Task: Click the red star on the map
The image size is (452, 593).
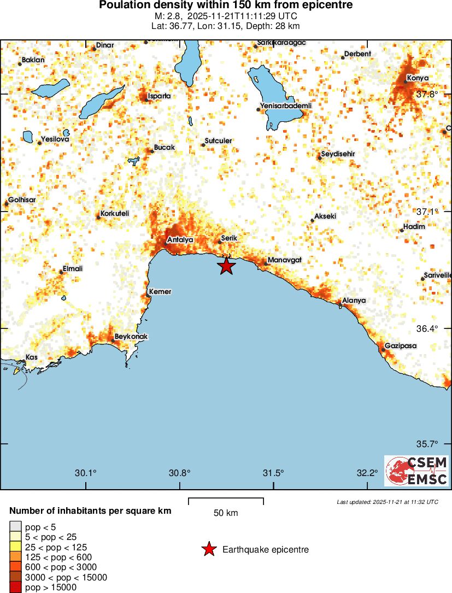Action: [226, 266]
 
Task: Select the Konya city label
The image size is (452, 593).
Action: [418, 78]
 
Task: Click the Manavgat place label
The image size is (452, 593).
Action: [284, 260]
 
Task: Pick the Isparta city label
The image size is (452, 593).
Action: [160, 96]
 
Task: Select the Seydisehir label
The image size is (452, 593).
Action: [338, 154]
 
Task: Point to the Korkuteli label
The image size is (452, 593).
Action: [115, 214]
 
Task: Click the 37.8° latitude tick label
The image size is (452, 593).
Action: [427, 94]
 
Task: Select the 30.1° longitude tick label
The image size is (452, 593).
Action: [86, 473]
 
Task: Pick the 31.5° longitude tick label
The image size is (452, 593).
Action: [273, 473]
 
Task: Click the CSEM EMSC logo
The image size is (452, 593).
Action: [416, 471]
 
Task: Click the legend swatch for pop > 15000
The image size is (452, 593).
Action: [15, 588]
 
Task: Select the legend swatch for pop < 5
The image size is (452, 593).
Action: [15, 526]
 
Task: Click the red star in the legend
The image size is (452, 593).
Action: [209, 549]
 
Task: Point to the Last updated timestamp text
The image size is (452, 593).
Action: [387, 502]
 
